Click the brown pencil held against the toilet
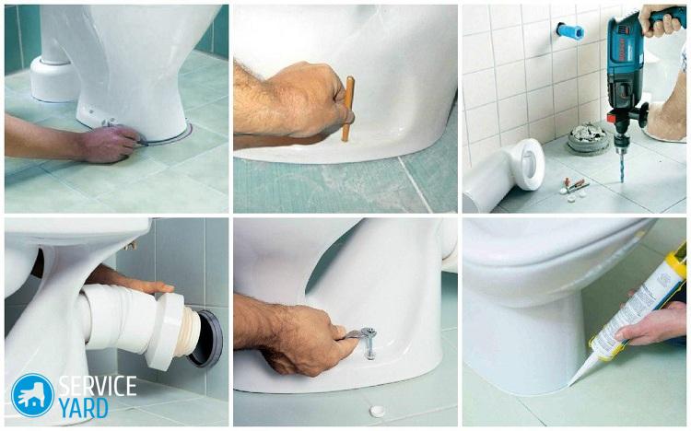347,109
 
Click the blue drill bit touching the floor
622,165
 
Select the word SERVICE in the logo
98,386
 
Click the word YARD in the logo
83,408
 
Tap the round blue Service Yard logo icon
32,395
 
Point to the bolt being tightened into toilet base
369,342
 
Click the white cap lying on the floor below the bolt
377,411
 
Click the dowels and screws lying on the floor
574,188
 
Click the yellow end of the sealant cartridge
674,257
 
